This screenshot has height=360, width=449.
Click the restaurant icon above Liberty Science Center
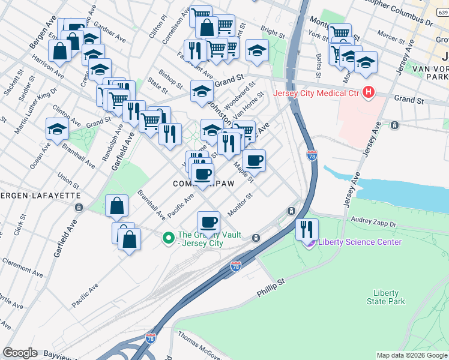(307, 229)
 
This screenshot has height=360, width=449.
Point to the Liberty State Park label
(385, 297)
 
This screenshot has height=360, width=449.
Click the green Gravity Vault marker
(170, 239)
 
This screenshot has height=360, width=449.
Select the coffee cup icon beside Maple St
(255, 160)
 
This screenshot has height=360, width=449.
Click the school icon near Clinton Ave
(57, 129)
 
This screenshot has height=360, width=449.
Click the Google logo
(20, 353)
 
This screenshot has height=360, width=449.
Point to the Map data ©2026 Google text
(411, 355)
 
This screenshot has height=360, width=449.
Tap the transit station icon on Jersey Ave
(395, 125)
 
